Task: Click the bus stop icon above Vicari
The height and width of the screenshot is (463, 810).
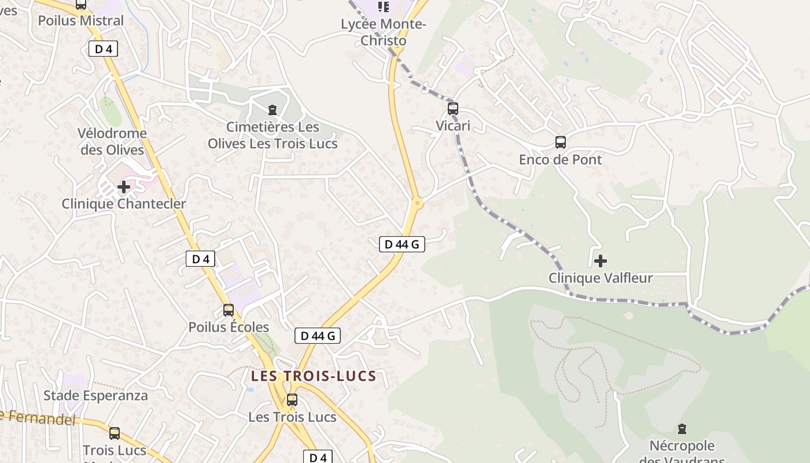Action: [453, 108]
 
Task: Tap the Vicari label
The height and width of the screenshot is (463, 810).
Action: [453, 126]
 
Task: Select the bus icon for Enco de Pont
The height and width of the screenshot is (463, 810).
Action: [560, 142]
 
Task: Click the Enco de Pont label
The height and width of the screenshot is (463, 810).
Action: [560, 159]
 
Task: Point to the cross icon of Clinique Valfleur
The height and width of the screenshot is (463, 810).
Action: [601, 261]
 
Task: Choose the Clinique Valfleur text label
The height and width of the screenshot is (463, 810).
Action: [601, 278]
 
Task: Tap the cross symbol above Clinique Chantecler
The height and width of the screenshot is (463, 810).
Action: [124, 187]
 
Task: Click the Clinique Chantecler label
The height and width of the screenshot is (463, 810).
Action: [124, 204]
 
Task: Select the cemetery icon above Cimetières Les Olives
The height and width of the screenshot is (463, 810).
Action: [272, 109]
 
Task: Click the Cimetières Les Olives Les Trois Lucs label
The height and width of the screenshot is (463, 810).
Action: [273, 135]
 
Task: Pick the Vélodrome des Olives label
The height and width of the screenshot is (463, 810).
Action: [112, 141]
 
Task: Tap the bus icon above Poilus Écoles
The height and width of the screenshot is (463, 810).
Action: [229, 310]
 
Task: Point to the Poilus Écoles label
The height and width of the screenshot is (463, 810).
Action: [229, 327]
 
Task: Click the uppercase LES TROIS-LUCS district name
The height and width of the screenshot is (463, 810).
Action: [314, 376]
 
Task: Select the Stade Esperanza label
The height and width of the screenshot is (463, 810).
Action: [96, 396]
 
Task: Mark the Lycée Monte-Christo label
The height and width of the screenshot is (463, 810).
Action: [384, 32]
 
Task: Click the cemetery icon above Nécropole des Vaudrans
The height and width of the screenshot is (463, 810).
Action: [682, 429]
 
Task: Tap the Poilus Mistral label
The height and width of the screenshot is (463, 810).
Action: [81, 21]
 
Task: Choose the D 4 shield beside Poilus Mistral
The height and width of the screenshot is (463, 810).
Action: [104, 49]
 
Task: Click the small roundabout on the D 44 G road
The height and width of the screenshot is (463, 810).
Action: [417, 203]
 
